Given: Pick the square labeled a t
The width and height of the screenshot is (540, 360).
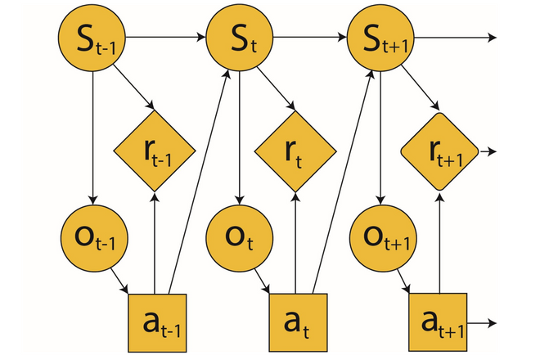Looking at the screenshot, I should click(298, 322).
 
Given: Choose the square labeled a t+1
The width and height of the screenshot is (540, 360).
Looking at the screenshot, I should click(439, 322).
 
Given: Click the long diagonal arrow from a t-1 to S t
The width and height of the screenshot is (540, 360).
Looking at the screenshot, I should click(197, 180).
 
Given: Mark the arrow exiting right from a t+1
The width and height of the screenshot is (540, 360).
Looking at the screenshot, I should click(481, 323).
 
